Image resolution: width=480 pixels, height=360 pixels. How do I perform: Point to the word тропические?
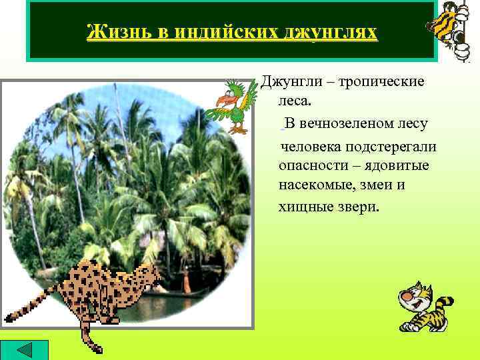point(382,82)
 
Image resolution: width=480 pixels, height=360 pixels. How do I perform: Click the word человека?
point(314,145)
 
